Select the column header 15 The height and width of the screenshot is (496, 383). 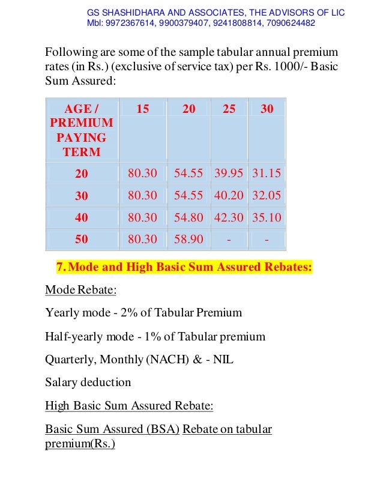pyautogui.click(x=143, y=109)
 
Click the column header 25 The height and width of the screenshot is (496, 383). pyautogui.click(x=228, y=109)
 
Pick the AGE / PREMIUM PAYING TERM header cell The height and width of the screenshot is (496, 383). pyautogui.click(x=81, y=130)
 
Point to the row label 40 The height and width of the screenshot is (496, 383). pyautogui.click(x=81, y=217)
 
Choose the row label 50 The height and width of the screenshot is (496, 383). pyautogui.click(x=81, y=239)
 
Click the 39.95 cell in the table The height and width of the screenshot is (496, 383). pyautogui.click(x=229, y=174)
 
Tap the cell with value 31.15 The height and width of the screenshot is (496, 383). pyautogui.click(x=267, y=174)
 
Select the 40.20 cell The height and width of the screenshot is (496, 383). pyautogui.click(x=229, y=196)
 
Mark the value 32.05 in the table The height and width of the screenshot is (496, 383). pyautogui.click(x=267, y=196)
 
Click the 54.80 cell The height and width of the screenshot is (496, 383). pyautogui.click(x=188, y=217)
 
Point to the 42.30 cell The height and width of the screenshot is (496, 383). pyautogui.click(x=229, y=217)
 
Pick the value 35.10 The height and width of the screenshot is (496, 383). pyautogui.click(x=267, y=217)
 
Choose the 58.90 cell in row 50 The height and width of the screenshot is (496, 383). pyautogui.click(x=188, y=239)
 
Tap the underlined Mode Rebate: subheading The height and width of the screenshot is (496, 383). pyautogui.click(x=81, y=290)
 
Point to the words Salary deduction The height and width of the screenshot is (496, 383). pyautogui.click(x=88, y=382)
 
